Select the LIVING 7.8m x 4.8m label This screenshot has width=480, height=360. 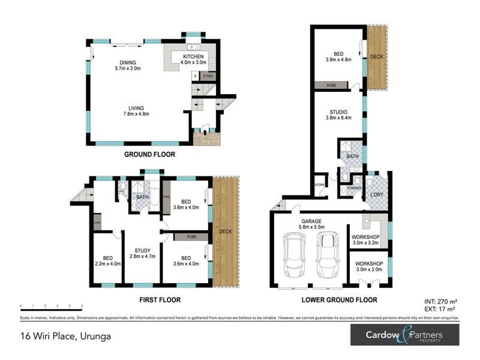(x=127, y=110)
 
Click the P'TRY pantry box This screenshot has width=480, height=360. (x=208, y=77)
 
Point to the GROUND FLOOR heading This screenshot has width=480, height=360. (x=149, y=154)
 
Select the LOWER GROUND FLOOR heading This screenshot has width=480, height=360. (x=340, y=299)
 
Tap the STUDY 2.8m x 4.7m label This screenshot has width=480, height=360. (x=142, y=253)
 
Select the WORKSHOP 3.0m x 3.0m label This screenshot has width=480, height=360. (x=369, y=266)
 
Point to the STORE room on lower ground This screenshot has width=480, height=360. (x=320, y=184)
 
